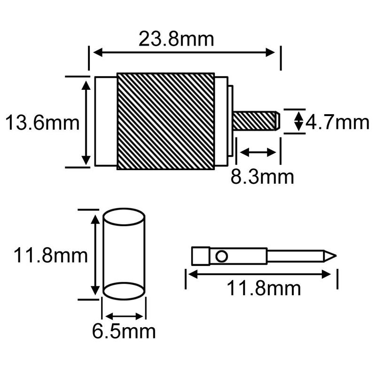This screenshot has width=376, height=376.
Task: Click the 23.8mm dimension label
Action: coord(176,39)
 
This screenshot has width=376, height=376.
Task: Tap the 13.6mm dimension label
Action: coord(42,123)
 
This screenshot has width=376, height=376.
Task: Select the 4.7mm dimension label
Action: coord(337,123)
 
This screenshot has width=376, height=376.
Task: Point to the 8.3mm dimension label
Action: coord(262,177)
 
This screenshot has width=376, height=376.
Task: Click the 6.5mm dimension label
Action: coord(124,332)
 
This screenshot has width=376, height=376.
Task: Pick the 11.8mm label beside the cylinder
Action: coord(51,256)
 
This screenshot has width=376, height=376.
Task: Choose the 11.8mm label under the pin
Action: coord(264,289)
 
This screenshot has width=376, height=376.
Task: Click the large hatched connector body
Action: coord(166,121)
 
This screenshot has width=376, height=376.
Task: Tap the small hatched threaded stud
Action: coord(256,121)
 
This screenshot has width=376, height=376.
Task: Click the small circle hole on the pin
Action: coord(221,256)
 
